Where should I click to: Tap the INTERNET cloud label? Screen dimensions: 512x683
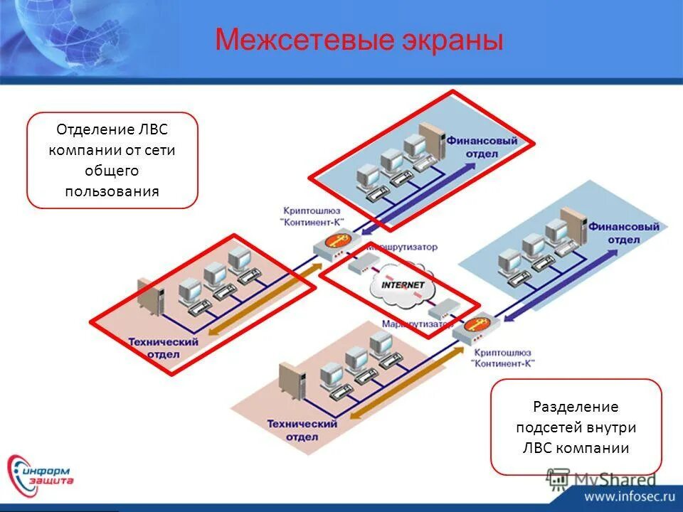(x=403, y=285)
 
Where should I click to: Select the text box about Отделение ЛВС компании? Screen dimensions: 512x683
(x=112, y=160)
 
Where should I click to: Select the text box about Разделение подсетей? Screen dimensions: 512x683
(x=576, y=427)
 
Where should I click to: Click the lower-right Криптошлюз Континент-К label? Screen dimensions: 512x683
(x=503, y=357)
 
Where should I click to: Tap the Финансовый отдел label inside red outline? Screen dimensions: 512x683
(x=492, y=146)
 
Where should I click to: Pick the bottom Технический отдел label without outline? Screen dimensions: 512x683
(x=302, y=430)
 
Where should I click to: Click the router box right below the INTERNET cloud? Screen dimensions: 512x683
(x=443, y=309)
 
